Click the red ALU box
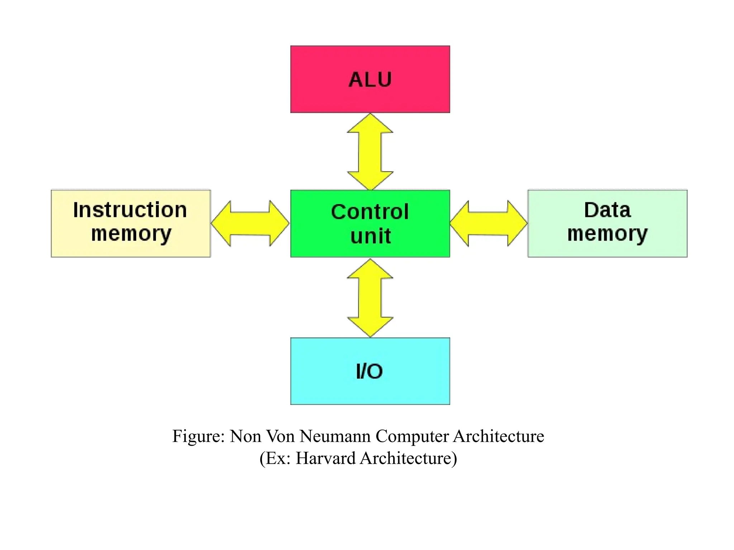(370, 79)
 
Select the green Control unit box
(370, 223)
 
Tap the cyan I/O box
(370, 371)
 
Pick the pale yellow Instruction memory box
(131, 223)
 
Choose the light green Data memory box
(607, 223)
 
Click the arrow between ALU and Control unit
(370, 152)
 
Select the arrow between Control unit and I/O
(370, 298)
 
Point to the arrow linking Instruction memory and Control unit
(250, 223)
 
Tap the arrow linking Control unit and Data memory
(488, 223)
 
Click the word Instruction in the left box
(130, 210)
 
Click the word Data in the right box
(607, 210)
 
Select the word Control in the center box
(370, 212)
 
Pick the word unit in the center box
(370, 236)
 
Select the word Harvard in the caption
(325, 458)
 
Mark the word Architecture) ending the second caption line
(408, 458)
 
